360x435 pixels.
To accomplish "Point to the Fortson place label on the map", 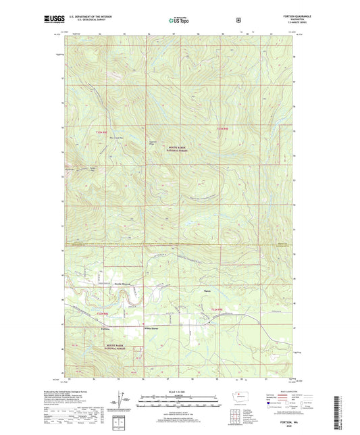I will coord(105,328).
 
